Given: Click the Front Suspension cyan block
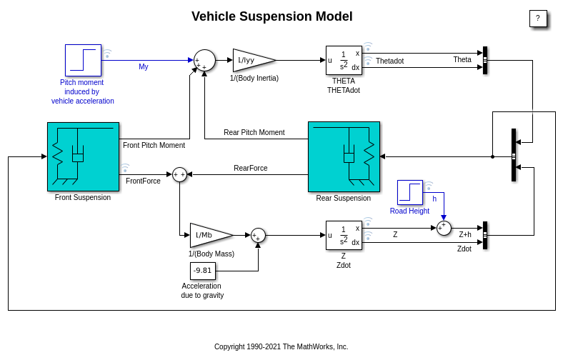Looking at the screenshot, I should [83, 156].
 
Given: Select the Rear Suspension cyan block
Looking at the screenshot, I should [344, 156].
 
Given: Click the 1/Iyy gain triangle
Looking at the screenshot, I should [251, 60].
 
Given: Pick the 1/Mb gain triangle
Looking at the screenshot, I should [209, 235].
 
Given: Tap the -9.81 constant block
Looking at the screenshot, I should [202, 271].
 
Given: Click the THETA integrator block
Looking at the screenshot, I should [344, 60].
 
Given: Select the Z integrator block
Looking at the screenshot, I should [344, 235].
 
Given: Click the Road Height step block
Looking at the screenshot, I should [410, 193].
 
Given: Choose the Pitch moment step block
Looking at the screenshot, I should [83, 60].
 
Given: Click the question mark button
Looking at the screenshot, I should [538, 19].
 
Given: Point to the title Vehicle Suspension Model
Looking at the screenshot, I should [272, 16].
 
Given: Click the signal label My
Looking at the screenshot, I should [144, 67].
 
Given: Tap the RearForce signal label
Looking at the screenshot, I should [251, 169].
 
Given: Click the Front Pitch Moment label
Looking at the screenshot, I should [154, 146].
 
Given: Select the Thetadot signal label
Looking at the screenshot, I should [389, 61].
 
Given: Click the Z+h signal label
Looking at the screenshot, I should [465, 234].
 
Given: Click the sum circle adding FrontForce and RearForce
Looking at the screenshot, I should [179, 174].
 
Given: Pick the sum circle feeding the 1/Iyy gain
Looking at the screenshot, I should [204, 60].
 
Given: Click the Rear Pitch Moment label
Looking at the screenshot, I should [254, 133].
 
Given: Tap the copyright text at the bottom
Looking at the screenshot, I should [281, 347].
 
